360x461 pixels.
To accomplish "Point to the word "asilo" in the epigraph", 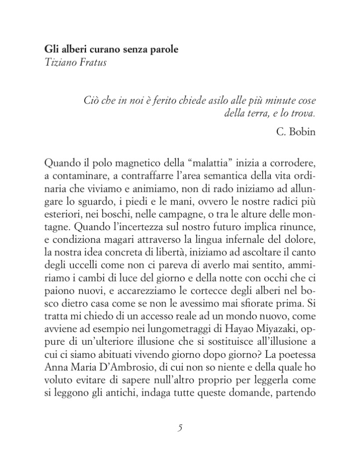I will [218, 100].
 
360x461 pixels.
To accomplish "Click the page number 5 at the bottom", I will [180, 428].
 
